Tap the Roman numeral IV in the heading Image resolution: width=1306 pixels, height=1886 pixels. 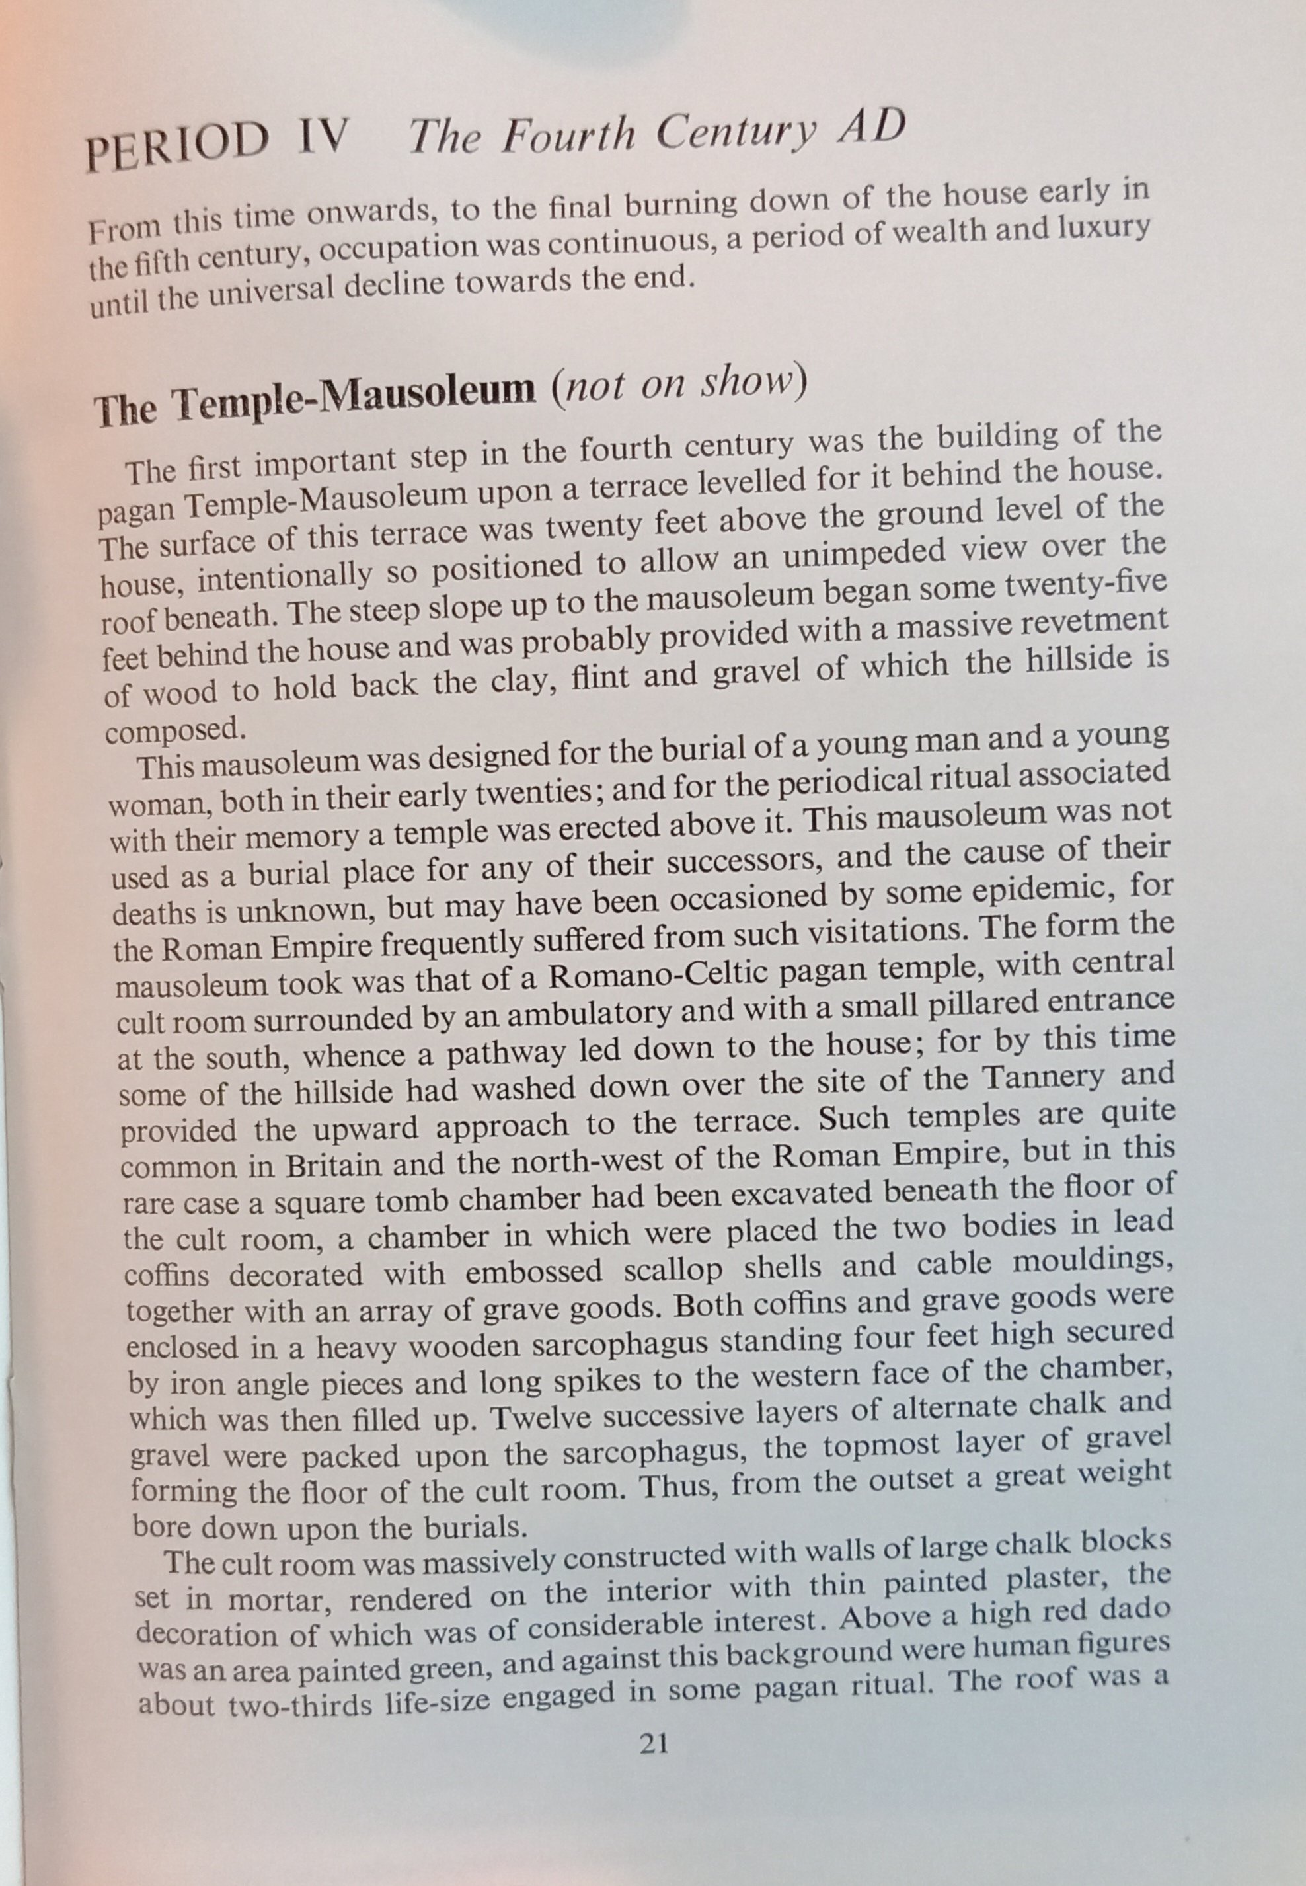coord(323,138)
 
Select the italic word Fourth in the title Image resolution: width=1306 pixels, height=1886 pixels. coord(568,134)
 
